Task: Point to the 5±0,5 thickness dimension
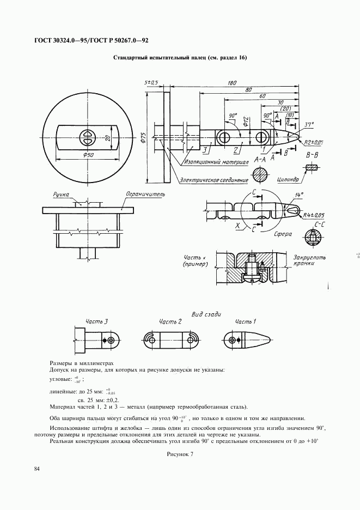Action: point(151,82)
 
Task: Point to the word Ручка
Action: point(62,193)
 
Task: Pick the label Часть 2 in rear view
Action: point(170,323)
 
